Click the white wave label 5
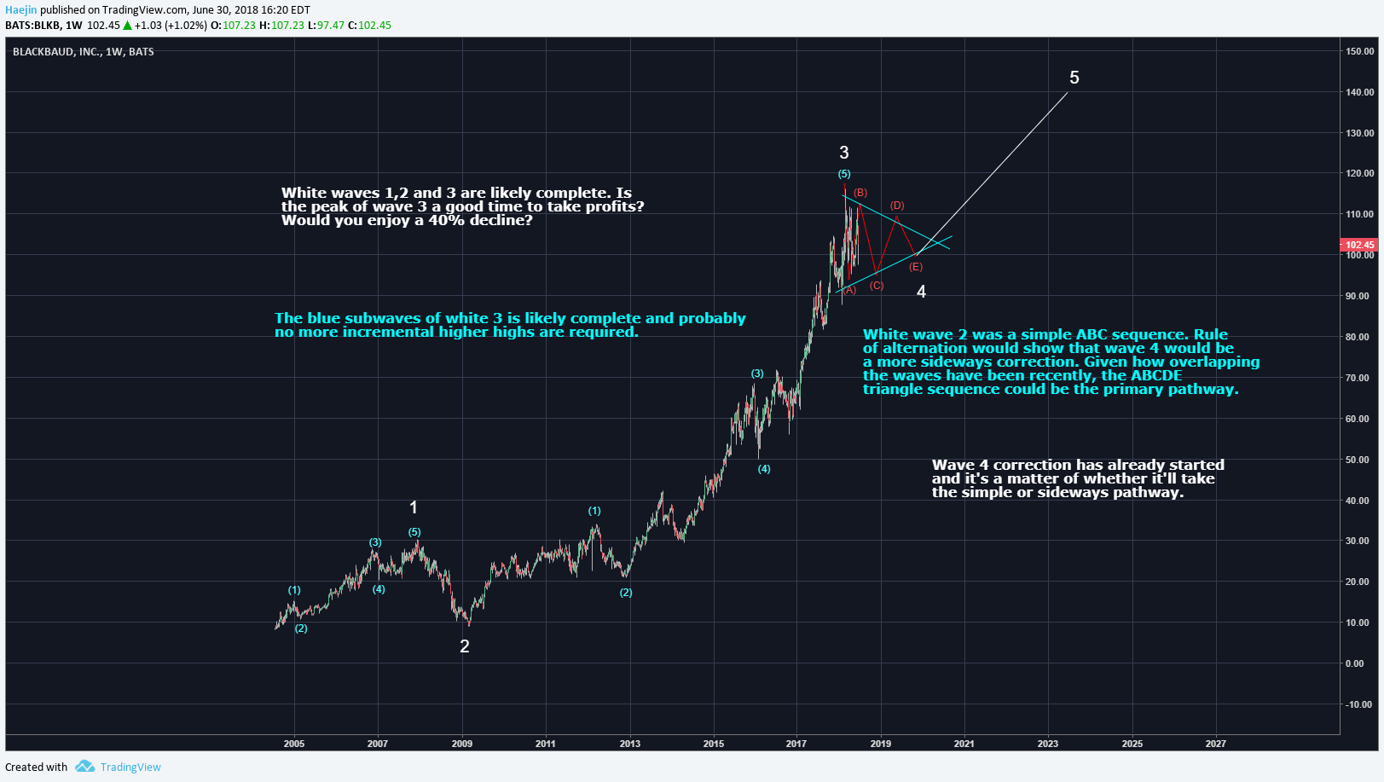pos(1074,78)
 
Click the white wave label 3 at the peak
pos(843,153)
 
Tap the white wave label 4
pos(921,292)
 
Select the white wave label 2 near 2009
pos(464,646)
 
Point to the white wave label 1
pos(414,507)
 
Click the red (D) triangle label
pos(897,206)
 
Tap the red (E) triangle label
pos(915,267)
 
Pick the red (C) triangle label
pos(877,286)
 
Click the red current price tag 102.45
pos(1359,245)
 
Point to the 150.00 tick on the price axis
pos(1359,51)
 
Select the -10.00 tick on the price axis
pos(1358,704)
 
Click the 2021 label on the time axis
pos(964,744)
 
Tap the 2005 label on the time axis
pos(293,744)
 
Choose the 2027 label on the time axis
pos(1215,744)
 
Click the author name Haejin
pos(20,10)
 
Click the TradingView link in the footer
pos(130,767)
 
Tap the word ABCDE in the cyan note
pos(1156,375)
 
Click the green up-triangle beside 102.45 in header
pos(127,26)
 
